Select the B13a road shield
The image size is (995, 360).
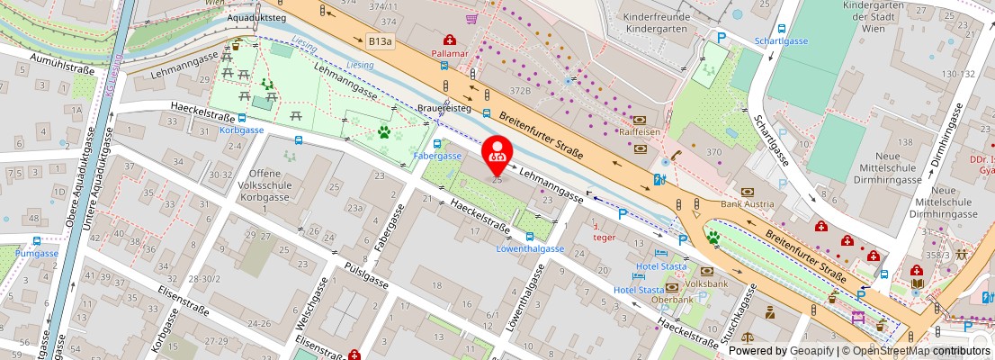pyautogui.click(x=380, y=41)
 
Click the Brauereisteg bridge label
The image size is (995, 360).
pyautogui.click(x=444, y=108)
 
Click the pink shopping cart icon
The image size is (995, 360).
pyautogui.click(x=471, y=17)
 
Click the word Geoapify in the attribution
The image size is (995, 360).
pyautogui.click(x=811, y=351)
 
